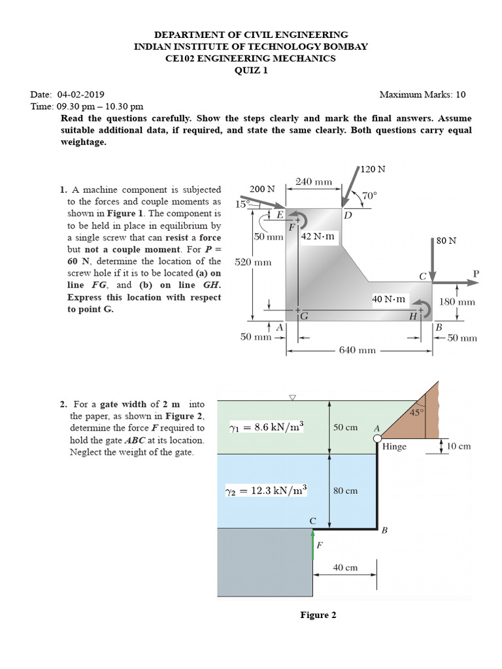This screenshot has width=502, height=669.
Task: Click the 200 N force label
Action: pyautogui.click(x=261, y=189)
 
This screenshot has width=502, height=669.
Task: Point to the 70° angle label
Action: pyautogui.click(x=369, y=195)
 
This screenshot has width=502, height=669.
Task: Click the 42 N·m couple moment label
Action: pyautogui.click(x=318, y=237)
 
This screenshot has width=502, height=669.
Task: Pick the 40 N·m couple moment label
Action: pyautogui.click(x=389, y=299)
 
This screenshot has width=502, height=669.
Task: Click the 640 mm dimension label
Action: pyautogui.click(x=358, y=350)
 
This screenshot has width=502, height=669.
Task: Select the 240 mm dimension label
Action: pyautogui.click(x=314, y=181)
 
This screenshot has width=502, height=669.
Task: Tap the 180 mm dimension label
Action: pyautogui.click(x=456, y=302)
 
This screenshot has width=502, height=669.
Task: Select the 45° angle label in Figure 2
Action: pyautogui.click(x=416, y=412)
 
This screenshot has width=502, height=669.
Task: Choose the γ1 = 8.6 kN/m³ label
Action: pyautogui.click(x=266, y=427)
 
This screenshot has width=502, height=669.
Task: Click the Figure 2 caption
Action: pyautogui.click(x=318, y=615)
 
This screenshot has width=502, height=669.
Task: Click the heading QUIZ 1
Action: pyautogui.click(x=251, y=71)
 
